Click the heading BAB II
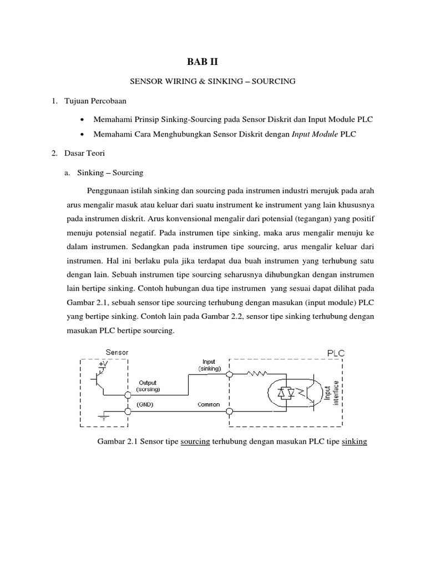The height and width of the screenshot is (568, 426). tap(212, 63)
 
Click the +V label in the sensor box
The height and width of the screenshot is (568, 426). tap(104, 364)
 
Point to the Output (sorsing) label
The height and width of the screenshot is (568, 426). tap(148, 386)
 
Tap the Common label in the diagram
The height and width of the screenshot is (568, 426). tap(209, 404)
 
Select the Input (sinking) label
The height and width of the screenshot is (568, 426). tap(210, 365)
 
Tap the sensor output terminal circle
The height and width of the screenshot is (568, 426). tap(128, 395)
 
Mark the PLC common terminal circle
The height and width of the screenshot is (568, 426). tap(229, 411)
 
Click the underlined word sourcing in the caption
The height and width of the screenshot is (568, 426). tap(195, 442)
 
